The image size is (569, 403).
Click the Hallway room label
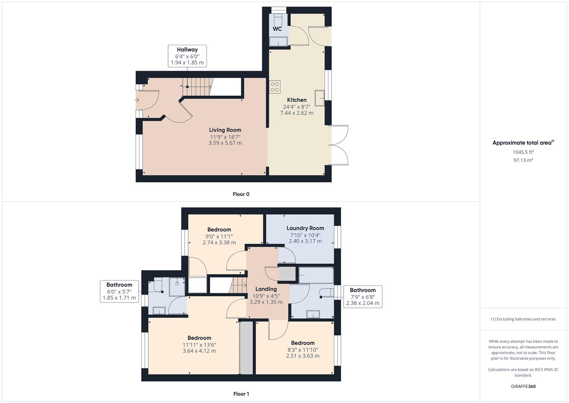point(187,50)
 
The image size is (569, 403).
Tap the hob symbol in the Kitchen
point(275,87)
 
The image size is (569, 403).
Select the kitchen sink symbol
point(319,98)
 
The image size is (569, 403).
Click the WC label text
point(277,29)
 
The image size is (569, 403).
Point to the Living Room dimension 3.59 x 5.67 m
point(225,143)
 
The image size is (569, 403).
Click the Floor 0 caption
point(241,194)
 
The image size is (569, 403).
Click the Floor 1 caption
point(241,394)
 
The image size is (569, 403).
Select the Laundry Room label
point(305,228)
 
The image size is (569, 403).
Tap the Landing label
point(266,289)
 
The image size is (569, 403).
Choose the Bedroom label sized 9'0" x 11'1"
point(219,229)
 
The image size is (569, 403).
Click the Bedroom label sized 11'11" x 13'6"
point(199,338)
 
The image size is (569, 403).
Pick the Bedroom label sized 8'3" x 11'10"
point(303,343)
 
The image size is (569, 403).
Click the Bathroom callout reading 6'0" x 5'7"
point(119,291)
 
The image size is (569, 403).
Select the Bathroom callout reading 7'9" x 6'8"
point(363,297)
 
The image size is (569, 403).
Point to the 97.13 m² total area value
point(523,160)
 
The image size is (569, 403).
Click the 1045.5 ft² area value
point(523,152)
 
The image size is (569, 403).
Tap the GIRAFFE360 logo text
point(523,386)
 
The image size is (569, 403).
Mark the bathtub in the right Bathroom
point(316,275)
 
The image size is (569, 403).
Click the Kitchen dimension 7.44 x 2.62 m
point(297,113)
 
